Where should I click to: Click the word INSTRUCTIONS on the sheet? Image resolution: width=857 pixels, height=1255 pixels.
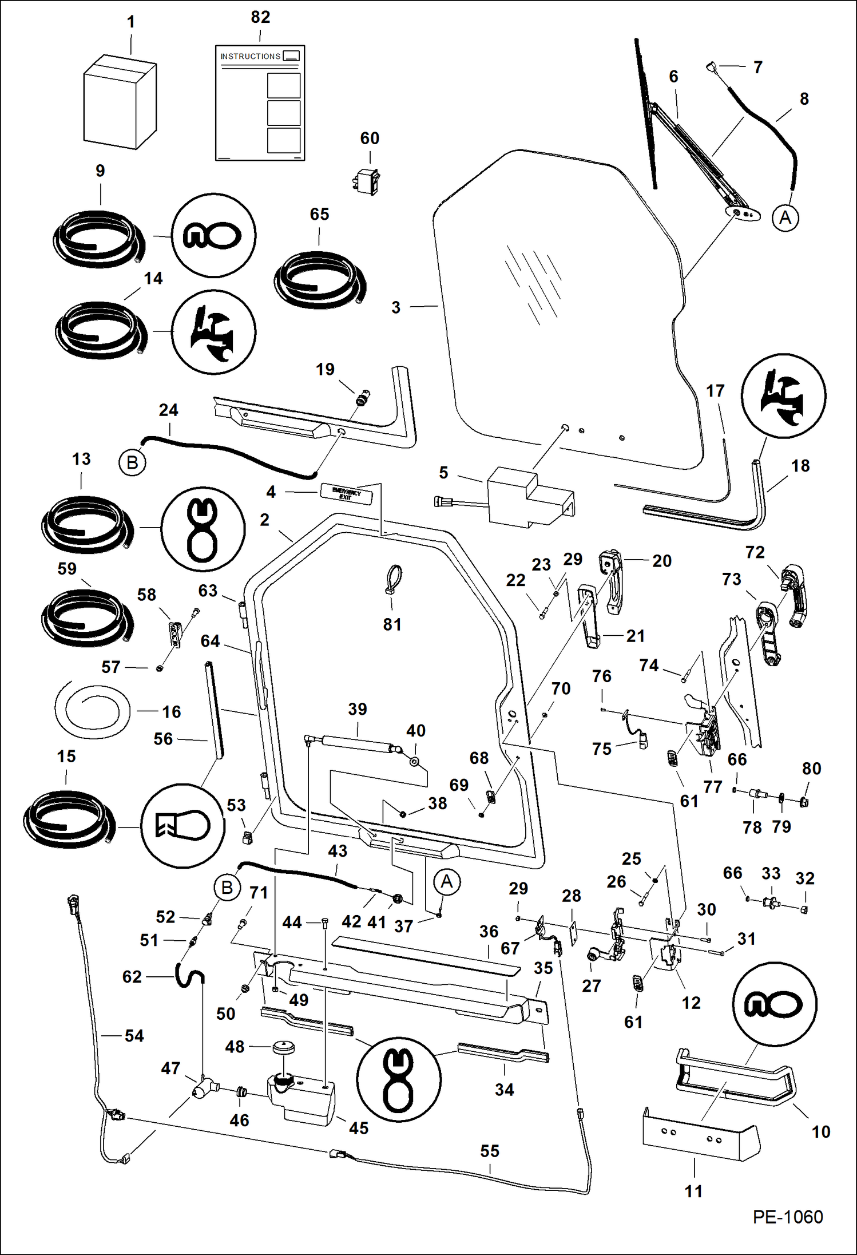pyautogui.click(x=250, y=56)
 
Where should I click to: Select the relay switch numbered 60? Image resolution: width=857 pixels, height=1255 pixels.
pyautogui.click(x=366, y=181)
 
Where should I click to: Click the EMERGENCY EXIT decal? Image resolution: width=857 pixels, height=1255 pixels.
pyautogui.click(x=346, y=493)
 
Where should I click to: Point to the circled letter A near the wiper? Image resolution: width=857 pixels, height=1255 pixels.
pyautogui.click(x=785, y=218)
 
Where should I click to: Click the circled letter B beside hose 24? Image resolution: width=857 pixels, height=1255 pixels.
pyautogui.click(x=132, y=462)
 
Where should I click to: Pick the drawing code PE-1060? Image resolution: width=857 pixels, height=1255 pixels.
pyautogui.click(x=787, y=1217)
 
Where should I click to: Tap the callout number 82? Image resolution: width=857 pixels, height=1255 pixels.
pyautogui.click(x=260, y=17)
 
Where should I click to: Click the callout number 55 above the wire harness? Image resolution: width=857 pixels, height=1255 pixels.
pyautogui.click(x=490, y=1151)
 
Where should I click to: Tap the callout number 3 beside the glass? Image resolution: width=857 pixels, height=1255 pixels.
pyautogui.click(x=396, y=308)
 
